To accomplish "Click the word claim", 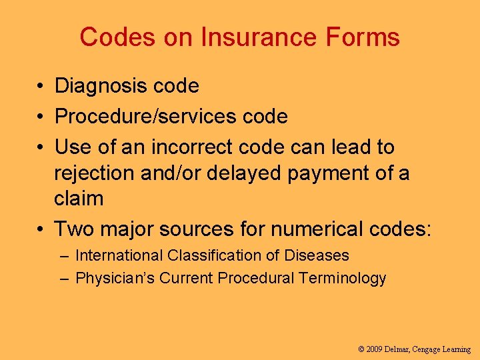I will point(79,199).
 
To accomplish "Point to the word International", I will point(119,255).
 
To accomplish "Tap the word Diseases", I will point(317,255).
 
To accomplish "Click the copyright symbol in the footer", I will point(361,349).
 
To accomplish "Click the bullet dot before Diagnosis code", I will point(41,86).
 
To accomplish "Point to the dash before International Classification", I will point(64,255).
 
